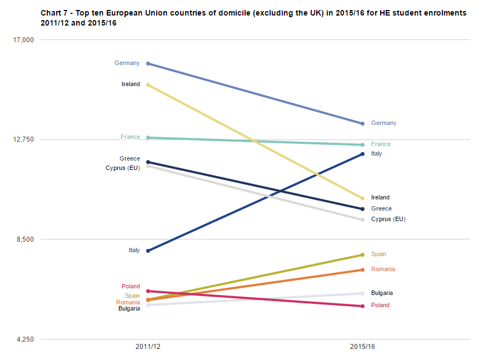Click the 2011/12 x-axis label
coord(148,347)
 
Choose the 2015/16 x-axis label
coord(362,347)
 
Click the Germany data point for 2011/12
coord(148,64)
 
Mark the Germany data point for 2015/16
coord(362,123)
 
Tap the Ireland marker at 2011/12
coord(148,85)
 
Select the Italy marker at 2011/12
coord(148,251)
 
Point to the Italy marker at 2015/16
coord(362,154)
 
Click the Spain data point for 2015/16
coord(362,255)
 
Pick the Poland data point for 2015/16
coord(362,306)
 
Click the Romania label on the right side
coord(383,269)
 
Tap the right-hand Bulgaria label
coord(382,293)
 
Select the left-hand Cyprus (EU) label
coord(123,168)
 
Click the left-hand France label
coord(130,137)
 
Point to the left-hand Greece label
coord(129,159)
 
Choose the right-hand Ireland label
coord(380,198)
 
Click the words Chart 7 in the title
coord(53,12)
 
